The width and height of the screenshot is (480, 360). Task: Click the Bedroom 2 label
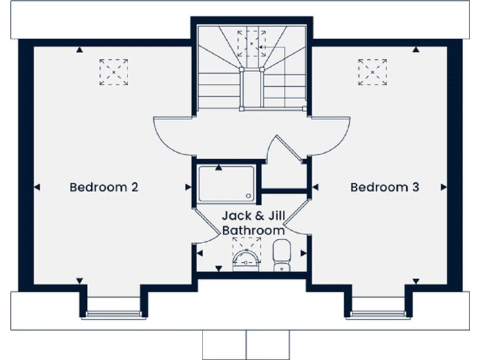pos(104,187)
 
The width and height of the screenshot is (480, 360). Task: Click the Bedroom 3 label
pos(384,187)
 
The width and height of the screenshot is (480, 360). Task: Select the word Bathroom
pos(254,231)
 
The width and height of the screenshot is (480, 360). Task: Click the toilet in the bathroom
pos(282,256)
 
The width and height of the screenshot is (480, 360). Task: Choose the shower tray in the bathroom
pos(226,184)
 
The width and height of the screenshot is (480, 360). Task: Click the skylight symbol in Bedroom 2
pos(114,72)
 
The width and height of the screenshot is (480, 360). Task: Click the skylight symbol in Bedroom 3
pos(372,72)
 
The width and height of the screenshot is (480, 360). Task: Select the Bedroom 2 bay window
pos(113,312)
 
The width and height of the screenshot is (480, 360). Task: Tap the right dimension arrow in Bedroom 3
pos(444,187)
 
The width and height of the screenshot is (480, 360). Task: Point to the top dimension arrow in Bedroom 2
pos(79,49)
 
